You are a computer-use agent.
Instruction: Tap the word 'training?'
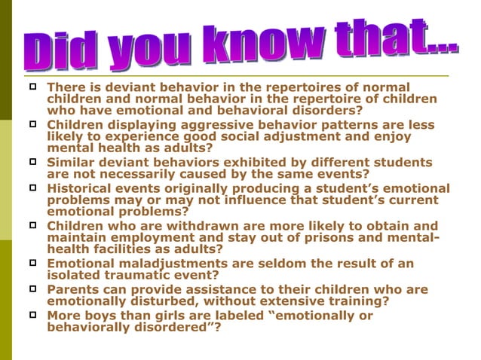[357, 301]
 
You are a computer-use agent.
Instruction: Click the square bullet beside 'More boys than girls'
[33, 315]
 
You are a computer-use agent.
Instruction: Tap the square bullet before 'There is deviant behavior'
[33, 87]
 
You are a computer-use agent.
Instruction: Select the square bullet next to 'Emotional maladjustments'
[33, 263]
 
